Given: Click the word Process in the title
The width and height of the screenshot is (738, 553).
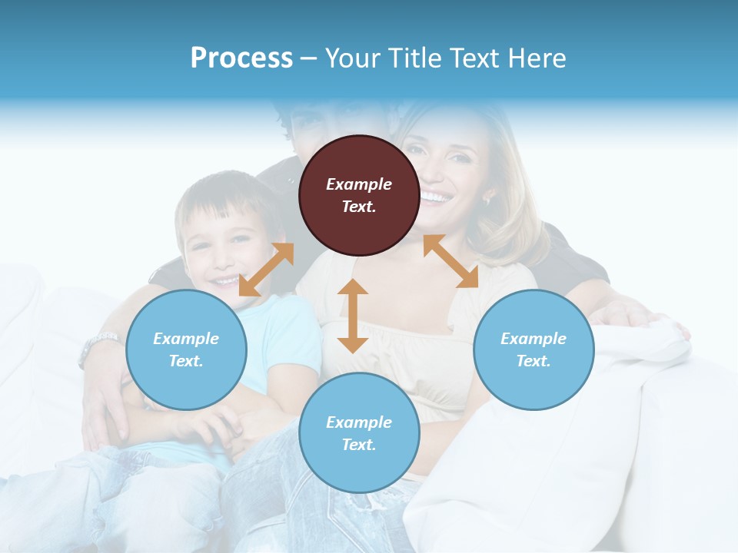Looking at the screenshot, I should point(241,58).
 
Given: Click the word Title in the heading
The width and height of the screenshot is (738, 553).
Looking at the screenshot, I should point(414,58).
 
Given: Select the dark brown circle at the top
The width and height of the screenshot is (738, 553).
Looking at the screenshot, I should point(359,195).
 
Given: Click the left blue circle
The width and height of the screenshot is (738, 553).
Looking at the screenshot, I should point(186,349).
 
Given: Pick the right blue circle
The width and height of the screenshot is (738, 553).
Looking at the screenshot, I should point(534,349).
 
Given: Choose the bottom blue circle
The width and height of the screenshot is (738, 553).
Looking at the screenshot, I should point(359,433).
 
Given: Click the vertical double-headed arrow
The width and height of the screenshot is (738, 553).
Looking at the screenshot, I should point(353,316).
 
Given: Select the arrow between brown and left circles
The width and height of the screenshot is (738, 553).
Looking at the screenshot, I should point(266,270).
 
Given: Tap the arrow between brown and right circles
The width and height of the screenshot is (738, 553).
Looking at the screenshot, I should point(450,261).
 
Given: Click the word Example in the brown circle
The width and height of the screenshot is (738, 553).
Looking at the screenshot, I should point(359,184).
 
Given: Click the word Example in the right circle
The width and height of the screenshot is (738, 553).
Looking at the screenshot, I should point(534,339).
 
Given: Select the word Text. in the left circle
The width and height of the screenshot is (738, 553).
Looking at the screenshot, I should point(186,361).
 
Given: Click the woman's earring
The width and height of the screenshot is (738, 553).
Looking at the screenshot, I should point(487,200).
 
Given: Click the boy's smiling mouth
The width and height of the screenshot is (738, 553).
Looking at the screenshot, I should point(224,282).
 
